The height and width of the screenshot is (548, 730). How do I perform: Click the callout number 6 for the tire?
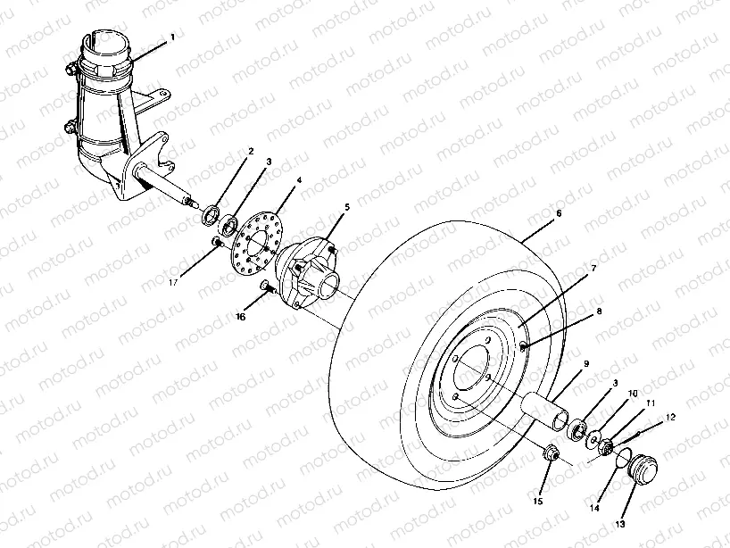[x=559, y=215]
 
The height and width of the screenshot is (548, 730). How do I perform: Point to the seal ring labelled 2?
[x=212, y=213]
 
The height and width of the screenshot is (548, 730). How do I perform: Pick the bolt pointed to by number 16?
[x=266, y=285]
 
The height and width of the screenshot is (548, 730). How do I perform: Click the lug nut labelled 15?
[x=549, y=453]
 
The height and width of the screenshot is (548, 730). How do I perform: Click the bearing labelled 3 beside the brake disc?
[x=230, y=221]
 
